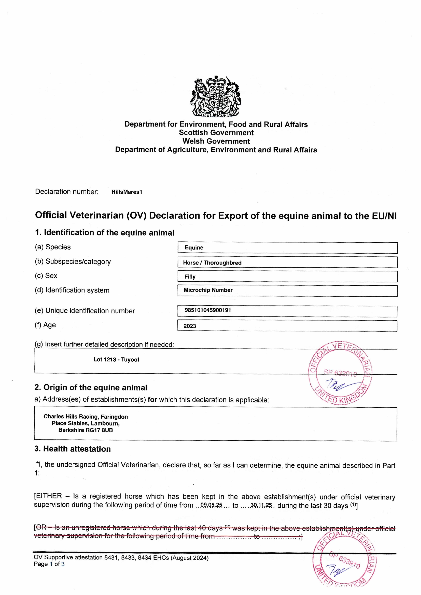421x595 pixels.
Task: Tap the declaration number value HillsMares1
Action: [127, 192]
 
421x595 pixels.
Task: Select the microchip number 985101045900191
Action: [208, 310]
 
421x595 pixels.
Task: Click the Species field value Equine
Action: [194, 248]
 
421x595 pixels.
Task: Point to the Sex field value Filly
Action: [190, 277]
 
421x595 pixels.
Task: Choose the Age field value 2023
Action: [190, 326]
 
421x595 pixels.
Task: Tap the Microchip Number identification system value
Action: [208, 290]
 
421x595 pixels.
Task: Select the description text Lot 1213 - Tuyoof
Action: [116, 360]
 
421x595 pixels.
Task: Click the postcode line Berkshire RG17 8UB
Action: [86, 430]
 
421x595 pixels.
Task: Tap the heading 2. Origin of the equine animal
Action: [91, 388]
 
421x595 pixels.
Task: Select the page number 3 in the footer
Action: [63, 564]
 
